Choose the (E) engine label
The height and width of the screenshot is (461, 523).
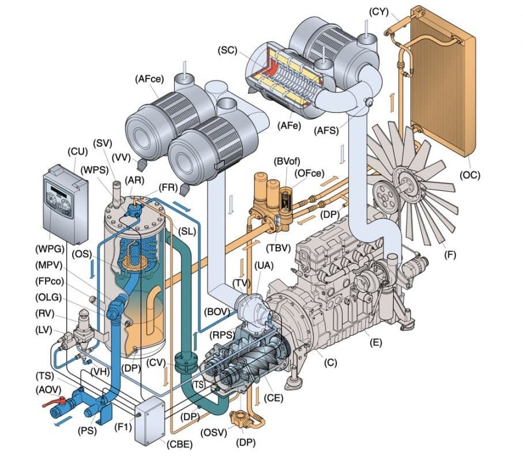(376, 343)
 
